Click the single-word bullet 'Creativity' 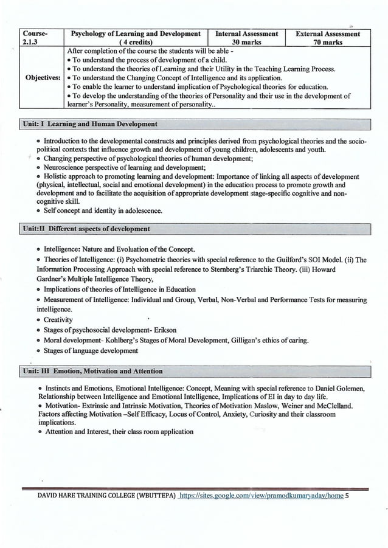point(58,320)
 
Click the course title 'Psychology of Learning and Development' point(136,34)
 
